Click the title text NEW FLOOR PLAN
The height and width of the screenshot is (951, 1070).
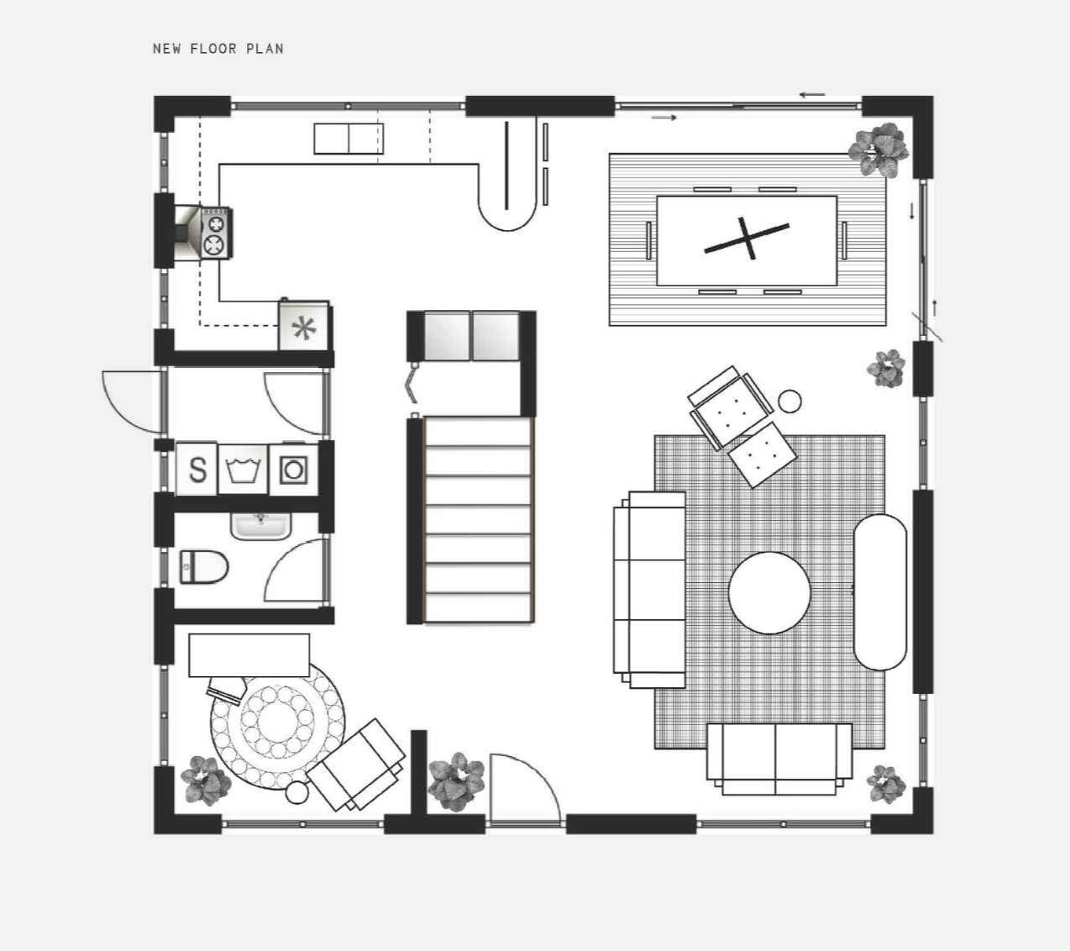pyautogui.click(x=218, y=49)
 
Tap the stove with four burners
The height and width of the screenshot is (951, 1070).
pyautogui.click(x=216, y=233)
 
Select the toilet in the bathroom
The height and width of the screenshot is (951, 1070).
pyautogui.click(x=204, y=567)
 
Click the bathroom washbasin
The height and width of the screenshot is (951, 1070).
pyautogui.click(x=261, y=526)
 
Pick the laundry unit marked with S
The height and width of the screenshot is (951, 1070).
pyautogui.click(x=197, y=469)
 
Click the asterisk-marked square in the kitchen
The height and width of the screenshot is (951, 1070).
pyautogui.click(x=304, y=326)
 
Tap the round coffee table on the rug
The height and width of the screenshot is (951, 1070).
pyautogui.click(x=769, y=593)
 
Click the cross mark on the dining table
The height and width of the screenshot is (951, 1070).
pyautogui.click(x=747, y=239)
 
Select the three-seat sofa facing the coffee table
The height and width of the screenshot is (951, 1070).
pyautogui.click(x=649, y=590)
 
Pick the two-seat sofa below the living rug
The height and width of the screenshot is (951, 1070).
pyautogui.click(x=779, y=759)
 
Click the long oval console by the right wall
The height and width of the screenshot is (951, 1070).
pyautogui.click(x=880, y=592)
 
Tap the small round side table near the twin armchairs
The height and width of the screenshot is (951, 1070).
pyautogui.click(x=790, y=402)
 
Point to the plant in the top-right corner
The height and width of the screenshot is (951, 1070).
pyautogui.click(x=879, y=150)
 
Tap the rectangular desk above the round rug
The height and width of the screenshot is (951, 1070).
pyautogui.click(x=249, y=655)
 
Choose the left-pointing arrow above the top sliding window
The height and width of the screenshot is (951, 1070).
pyautogui.click(x=812, y=95)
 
